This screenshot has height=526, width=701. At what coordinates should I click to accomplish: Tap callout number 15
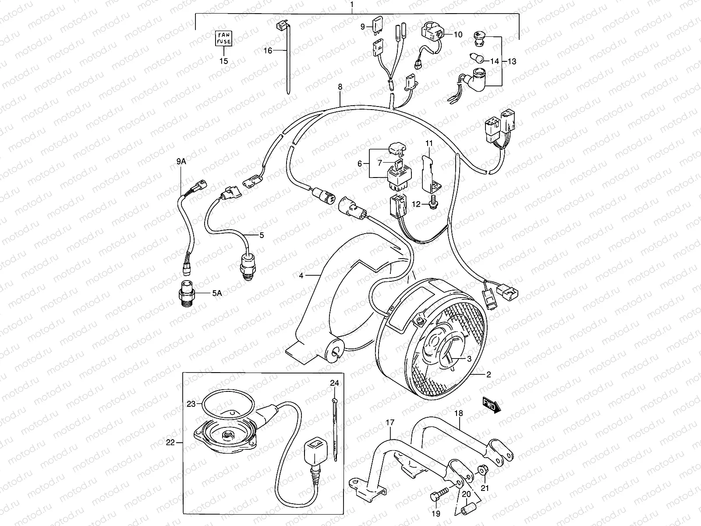(224, 61)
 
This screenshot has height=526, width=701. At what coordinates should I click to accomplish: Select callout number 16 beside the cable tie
(268, 51)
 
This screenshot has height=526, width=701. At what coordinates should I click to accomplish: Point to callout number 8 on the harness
(340, 87)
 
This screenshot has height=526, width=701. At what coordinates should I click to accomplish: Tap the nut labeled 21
(482, 471)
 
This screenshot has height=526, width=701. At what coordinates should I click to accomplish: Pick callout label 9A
(181, 162)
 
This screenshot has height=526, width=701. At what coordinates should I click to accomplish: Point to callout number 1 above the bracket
(352, 5)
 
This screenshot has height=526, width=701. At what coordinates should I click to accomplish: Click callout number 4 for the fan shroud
(301, 276)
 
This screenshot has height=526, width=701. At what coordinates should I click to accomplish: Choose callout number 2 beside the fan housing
(488, 375)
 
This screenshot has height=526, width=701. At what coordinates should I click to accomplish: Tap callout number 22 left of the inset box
(170, 443)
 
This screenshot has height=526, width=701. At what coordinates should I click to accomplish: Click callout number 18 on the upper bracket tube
(458, 413)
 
